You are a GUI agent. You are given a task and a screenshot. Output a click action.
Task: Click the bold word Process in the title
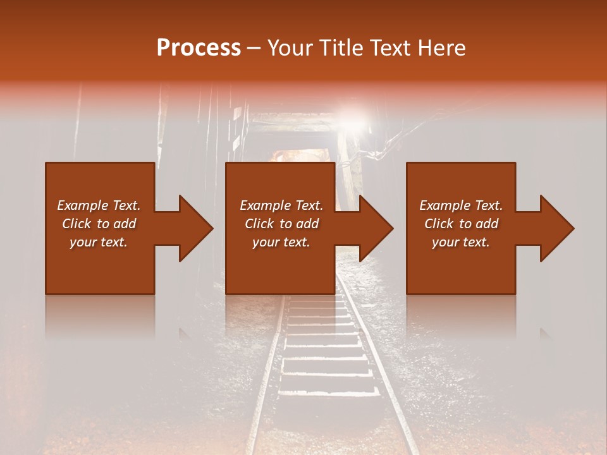[x=199, y=48]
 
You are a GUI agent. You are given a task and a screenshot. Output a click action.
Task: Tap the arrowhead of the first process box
[x=196, y=228]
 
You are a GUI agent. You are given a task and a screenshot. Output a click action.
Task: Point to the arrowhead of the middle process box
[x=376, y=228]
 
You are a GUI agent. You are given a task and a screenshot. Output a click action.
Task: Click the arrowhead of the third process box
[x=557, y=228]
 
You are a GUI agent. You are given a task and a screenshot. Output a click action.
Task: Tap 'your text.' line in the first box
[x=99, y=242]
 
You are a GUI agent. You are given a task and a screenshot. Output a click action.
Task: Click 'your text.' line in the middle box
[x=281, y=242]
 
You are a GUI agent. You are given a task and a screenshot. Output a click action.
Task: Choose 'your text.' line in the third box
[x=461, y=242]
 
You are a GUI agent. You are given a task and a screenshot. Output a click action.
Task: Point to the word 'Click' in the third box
[x=439, y=224]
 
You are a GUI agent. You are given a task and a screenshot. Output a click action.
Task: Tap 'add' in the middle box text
[x=307, y=224]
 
